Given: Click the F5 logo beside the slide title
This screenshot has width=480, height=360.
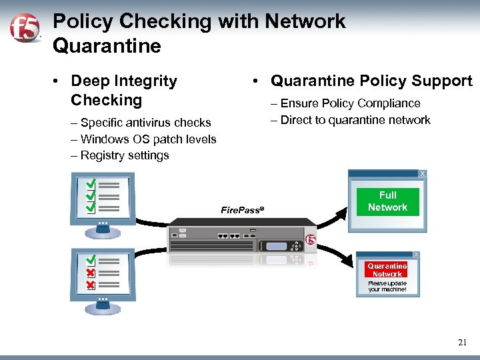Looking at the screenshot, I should coord(24,28).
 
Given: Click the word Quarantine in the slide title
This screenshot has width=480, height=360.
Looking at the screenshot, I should coord(107,46).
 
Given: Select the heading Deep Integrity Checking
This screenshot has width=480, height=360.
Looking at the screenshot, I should coord(123,91).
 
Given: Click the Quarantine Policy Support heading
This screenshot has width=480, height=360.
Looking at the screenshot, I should coord(371,81).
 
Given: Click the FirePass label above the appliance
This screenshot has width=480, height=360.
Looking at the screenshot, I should coord(242,210).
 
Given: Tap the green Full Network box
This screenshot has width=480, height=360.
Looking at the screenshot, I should coord(387,201).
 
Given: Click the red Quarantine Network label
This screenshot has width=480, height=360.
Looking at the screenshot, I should coord(387,270).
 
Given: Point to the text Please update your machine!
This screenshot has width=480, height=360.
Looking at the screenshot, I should coord(387,287).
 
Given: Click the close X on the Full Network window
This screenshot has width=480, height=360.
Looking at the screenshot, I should coord(422,174).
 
